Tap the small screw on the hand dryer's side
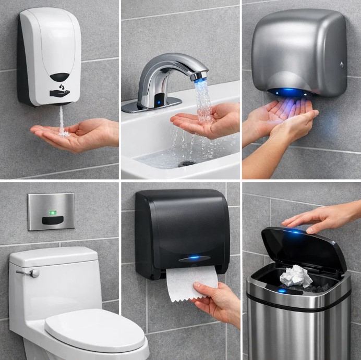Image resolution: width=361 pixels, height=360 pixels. (342, 65)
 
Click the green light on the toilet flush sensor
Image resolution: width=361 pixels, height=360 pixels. (52, 212)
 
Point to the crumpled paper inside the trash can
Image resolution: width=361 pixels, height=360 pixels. (295, 277)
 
